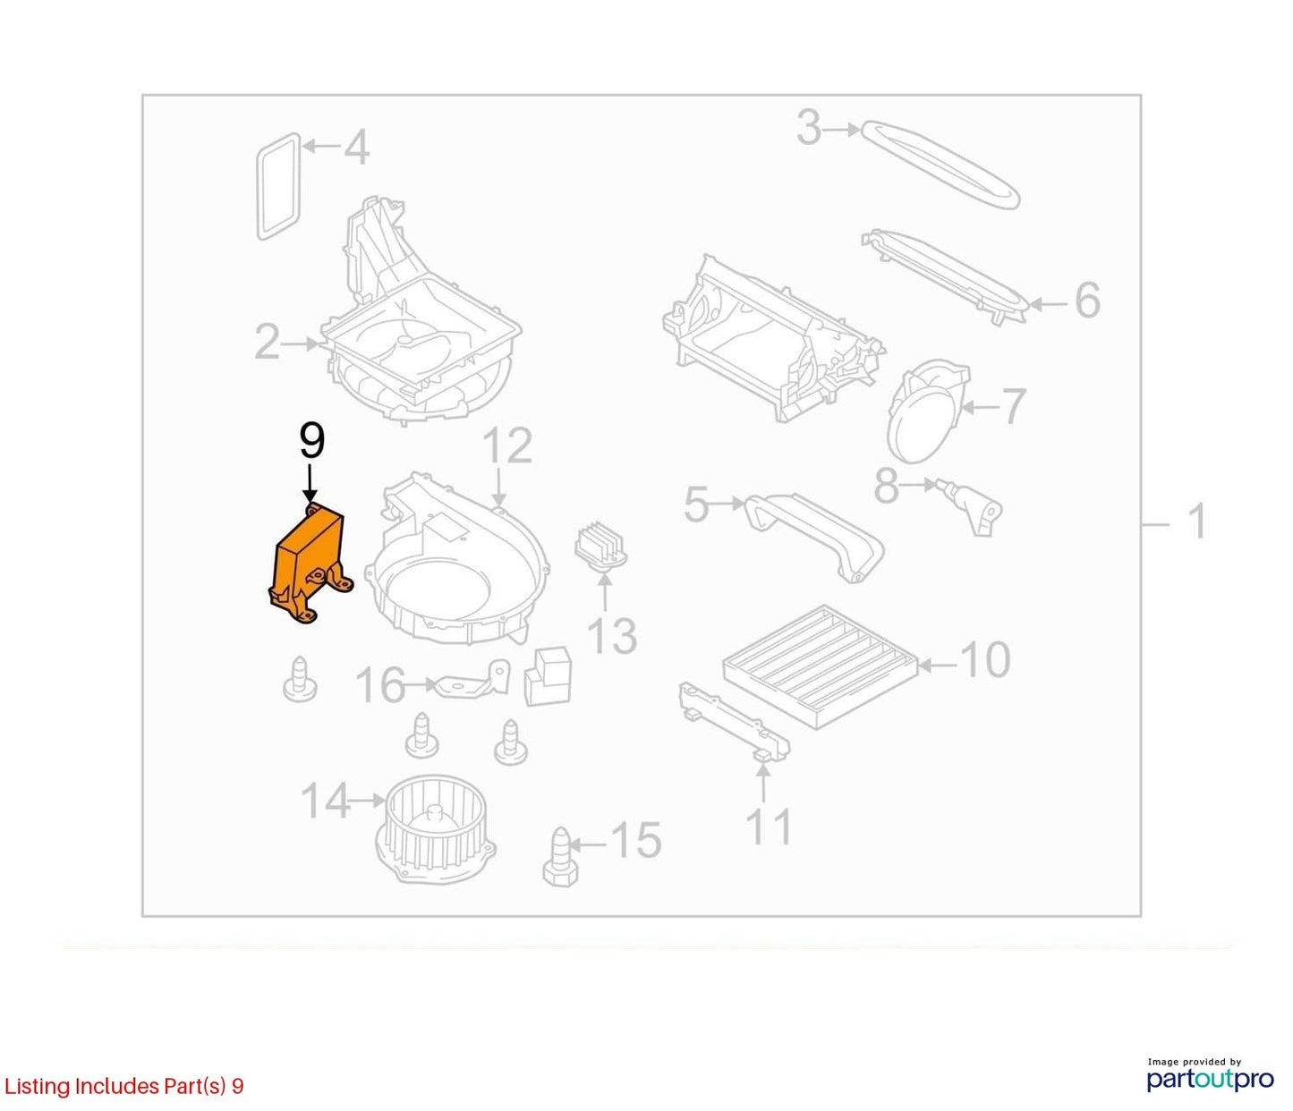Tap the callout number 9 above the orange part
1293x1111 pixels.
tap(312, 441)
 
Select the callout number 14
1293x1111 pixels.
tap(326, 801)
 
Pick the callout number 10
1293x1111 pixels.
tap(985, 659)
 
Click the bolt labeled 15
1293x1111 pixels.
tap(560, 857)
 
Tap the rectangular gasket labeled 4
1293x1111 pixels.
tap(278, 186)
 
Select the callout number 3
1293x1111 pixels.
tap(808, 128)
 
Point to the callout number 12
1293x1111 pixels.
tap(507, 445)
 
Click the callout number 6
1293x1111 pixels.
tap(1087, 301)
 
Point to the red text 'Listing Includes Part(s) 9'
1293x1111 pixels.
tap(123, 1086)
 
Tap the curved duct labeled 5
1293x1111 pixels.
tap(813, 536)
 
